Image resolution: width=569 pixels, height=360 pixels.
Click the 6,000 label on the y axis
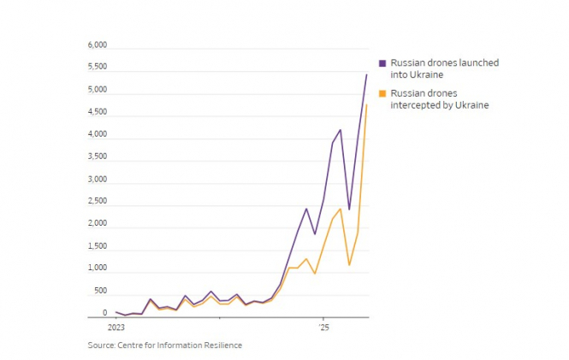[97, 45]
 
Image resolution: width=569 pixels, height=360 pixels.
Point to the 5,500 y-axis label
[97, 68]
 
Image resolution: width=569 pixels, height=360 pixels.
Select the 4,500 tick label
[97, 112]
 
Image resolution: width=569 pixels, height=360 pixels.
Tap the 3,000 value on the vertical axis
[97, 180]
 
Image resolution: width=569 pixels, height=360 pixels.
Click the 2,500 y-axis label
[97, 202]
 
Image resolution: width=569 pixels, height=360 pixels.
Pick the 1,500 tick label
[97, 246]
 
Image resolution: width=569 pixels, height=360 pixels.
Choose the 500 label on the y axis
[101, 291]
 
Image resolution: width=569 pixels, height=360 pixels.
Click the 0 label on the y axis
[105, 313]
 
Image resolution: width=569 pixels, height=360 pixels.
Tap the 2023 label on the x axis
[116, 328]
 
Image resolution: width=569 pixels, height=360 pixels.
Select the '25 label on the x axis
[323, 328]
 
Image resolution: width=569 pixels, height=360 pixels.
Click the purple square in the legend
[383, 63]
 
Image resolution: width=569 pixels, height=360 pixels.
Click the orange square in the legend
[383, 93]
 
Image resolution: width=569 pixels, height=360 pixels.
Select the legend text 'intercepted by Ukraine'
[439, 105]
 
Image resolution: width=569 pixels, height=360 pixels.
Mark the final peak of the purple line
[366, 75]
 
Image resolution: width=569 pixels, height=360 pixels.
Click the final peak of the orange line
[366, 105]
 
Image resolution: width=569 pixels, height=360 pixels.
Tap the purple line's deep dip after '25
[349, 209]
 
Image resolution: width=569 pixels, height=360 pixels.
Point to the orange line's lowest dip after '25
[349, 264]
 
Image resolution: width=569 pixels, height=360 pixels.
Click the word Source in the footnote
[101, 345]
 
